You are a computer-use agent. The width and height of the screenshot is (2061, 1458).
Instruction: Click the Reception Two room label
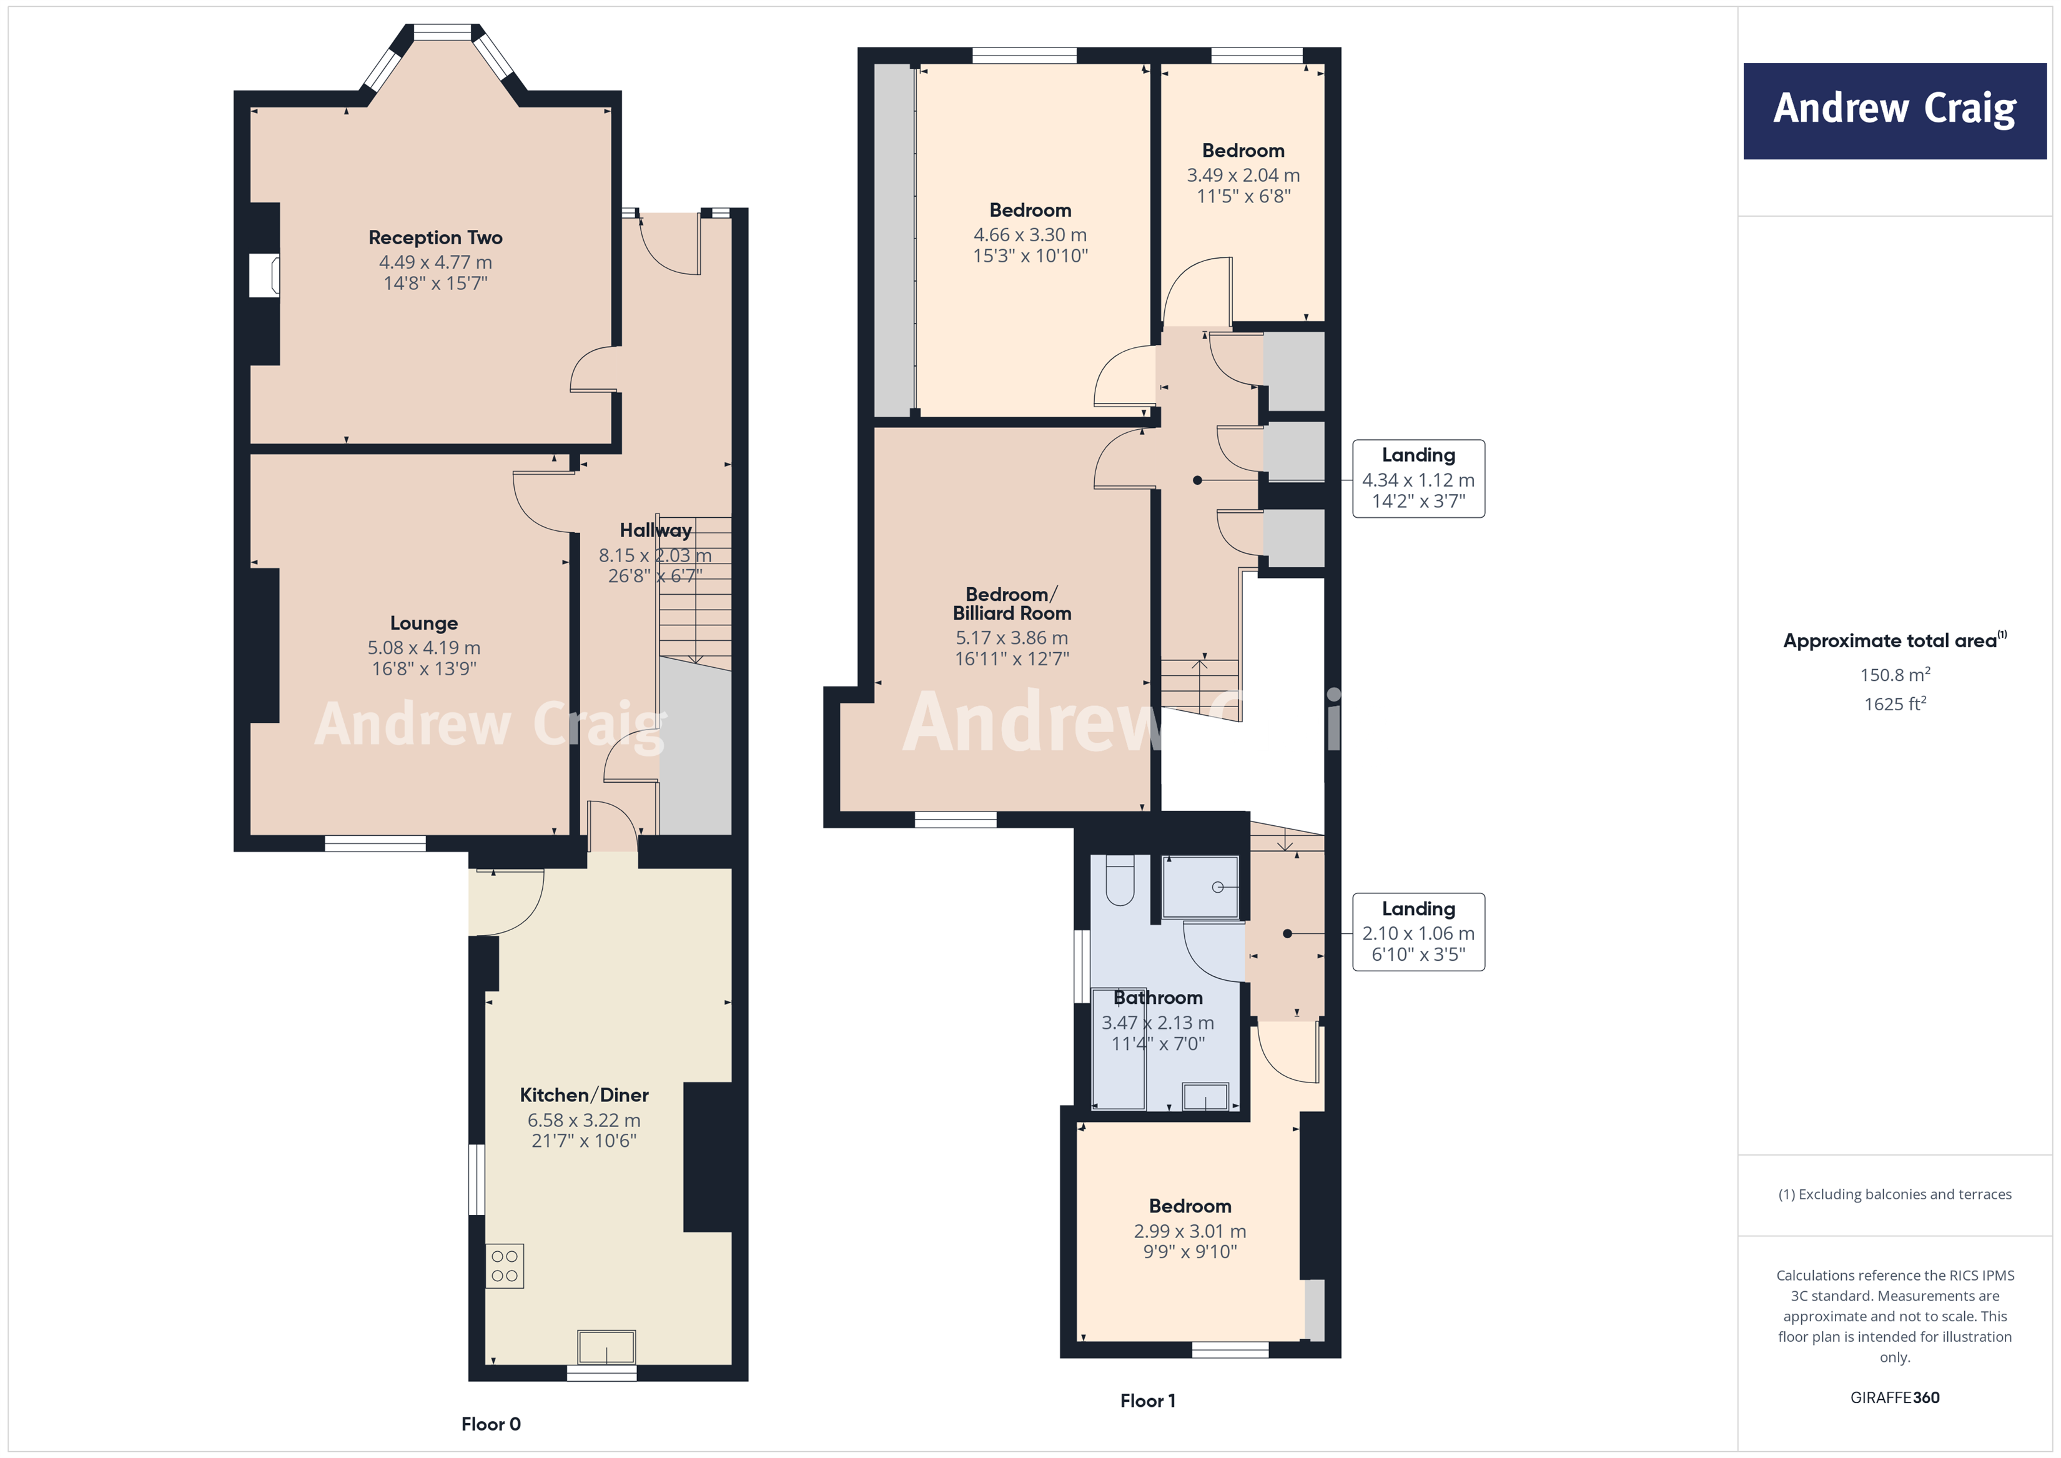435,238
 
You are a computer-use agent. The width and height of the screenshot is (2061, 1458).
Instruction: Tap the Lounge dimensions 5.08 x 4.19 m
423,647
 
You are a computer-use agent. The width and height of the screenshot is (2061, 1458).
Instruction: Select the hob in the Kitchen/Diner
505,1266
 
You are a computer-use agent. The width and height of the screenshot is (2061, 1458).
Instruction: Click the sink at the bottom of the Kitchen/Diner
607,1347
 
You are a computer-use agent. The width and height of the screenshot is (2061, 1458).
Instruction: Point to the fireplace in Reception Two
264,275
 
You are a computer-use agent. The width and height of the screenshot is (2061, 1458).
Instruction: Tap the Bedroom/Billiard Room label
1012,603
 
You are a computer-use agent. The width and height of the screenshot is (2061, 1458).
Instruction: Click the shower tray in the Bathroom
1200,887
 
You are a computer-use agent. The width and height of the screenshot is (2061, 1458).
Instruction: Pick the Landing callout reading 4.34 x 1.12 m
1418,479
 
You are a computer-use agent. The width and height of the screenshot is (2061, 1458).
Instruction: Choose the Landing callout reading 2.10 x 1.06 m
1418,932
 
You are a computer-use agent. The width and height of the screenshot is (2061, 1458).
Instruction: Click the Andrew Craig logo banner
1894,111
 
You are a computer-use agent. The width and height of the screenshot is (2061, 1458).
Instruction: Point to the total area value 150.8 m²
1894,674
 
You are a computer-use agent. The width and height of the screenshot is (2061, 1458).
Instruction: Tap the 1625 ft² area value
1894,704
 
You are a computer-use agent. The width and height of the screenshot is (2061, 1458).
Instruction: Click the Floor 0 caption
490,1424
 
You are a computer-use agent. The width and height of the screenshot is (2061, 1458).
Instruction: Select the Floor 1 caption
1147,1401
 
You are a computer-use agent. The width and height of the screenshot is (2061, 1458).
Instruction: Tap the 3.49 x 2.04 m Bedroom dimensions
1243,175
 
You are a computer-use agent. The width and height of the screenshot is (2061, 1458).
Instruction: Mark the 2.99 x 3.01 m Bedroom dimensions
1189,1231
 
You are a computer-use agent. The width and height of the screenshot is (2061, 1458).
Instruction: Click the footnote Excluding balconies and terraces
1894,1194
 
